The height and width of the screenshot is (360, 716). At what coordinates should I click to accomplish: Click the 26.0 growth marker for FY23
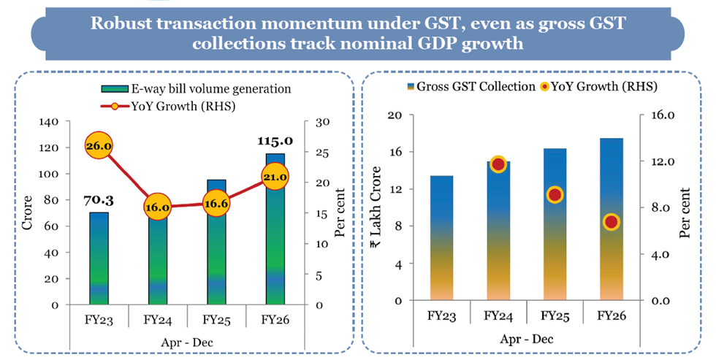(98, 146)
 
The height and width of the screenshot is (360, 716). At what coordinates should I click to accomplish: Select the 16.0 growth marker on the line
(157, 207)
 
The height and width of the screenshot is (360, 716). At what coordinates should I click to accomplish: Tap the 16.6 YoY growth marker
(217, 204)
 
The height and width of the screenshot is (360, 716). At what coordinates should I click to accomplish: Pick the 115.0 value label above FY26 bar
(275, 141)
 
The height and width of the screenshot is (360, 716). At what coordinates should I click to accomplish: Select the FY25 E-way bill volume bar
(217, 248)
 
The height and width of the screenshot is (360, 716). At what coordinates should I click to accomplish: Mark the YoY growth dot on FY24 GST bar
(498, 164)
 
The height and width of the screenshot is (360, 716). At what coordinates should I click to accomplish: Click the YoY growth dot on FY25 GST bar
(555, 195)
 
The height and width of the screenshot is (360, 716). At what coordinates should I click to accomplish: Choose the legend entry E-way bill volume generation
(197, 89)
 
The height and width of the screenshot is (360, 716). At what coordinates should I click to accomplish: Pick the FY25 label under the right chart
(555, 316)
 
